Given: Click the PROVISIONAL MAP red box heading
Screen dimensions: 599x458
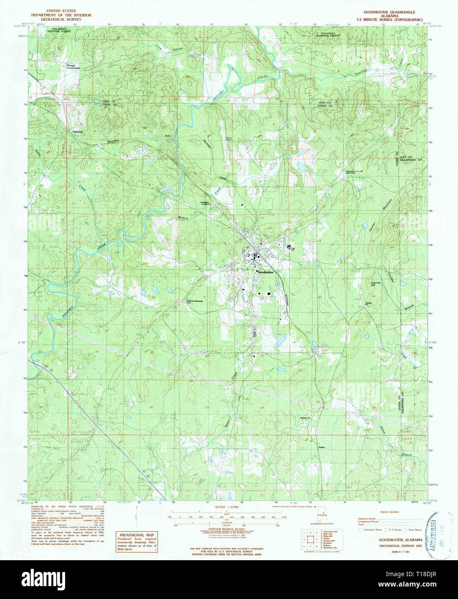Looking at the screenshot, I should pos(136,534).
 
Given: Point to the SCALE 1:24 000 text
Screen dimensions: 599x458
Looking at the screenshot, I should pos(227,507).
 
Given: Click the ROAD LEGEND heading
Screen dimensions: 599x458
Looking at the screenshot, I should pos(389,512).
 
